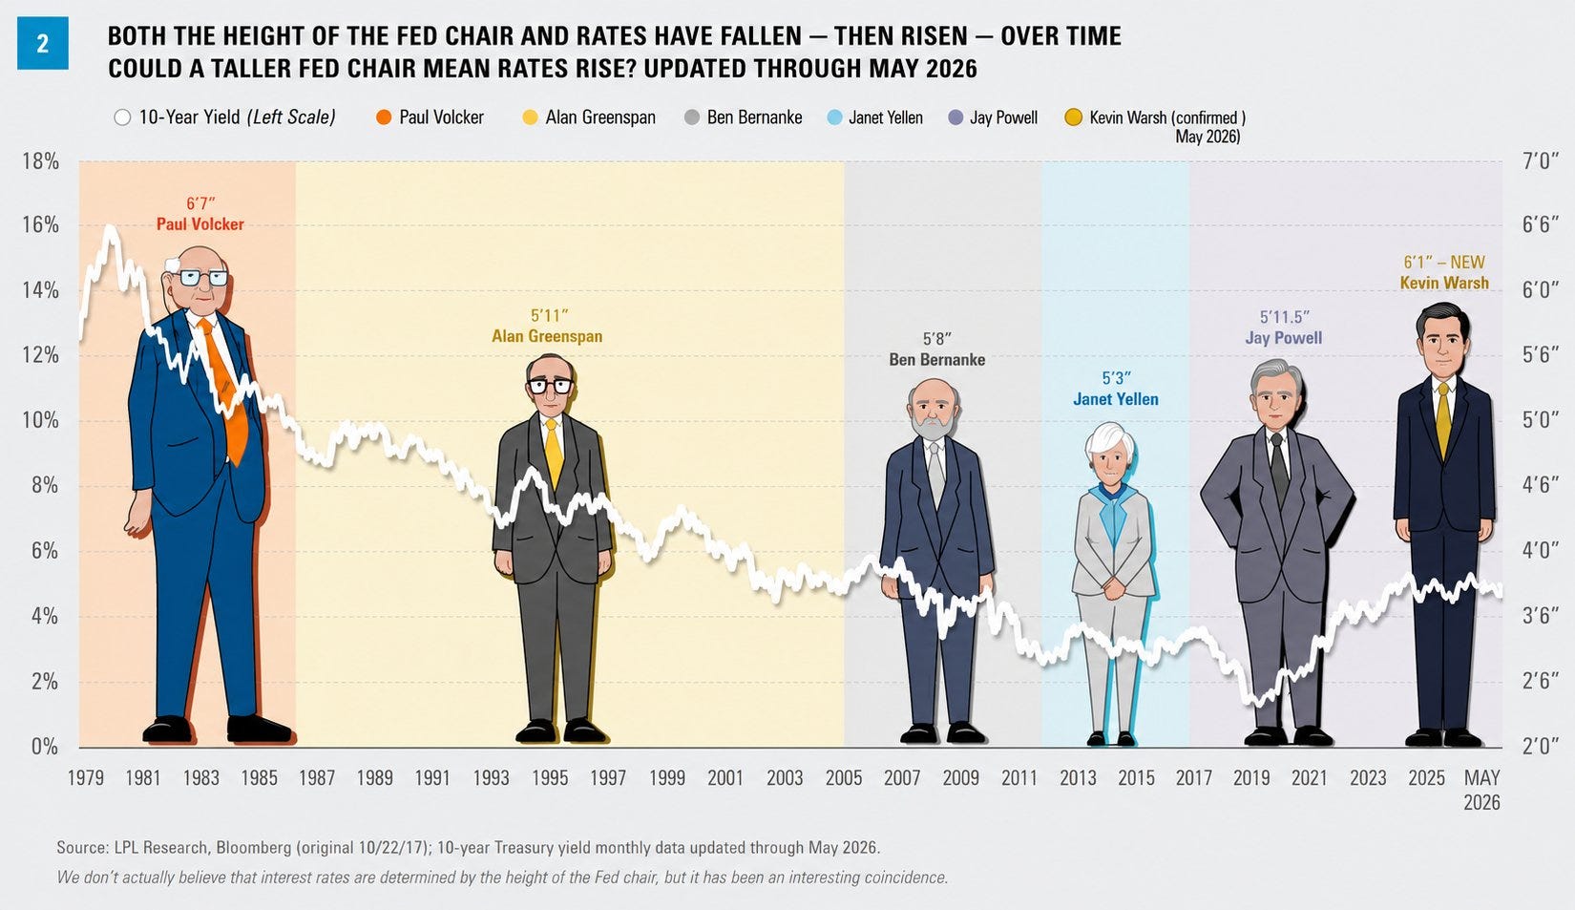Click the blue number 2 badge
pyautogui.click(x=43, y=44)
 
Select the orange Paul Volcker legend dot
pyautogui.click(x=383, y=117)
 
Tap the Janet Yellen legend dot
pyautogui.click(x=834, y=117)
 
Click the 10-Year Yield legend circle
pyautogui.click(x=122, y=117)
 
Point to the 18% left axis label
pyautogui.click(x=41, y=161)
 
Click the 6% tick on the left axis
pyautogui.click(x=45, y=551)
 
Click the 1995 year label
pyautogui.click(x=550, y=778)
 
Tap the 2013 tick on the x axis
pyautogui.click(x=1078, y=778)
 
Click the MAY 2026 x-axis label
pyautogui.click(x=1482, y=790)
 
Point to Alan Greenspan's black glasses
pyautogui.click(x=550, y=386)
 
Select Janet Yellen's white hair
pyautogui.click(x=1109, y=439)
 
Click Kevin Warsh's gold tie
pyautogui.click(x=1443, y=420)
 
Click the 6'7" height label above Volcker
pyautogui.click(x=200, y=204)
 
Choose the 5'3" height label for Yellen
pyautogui.click(x=1116, y=379)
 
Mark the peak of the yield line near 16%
pyautogui.click(x=110, y=227)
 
